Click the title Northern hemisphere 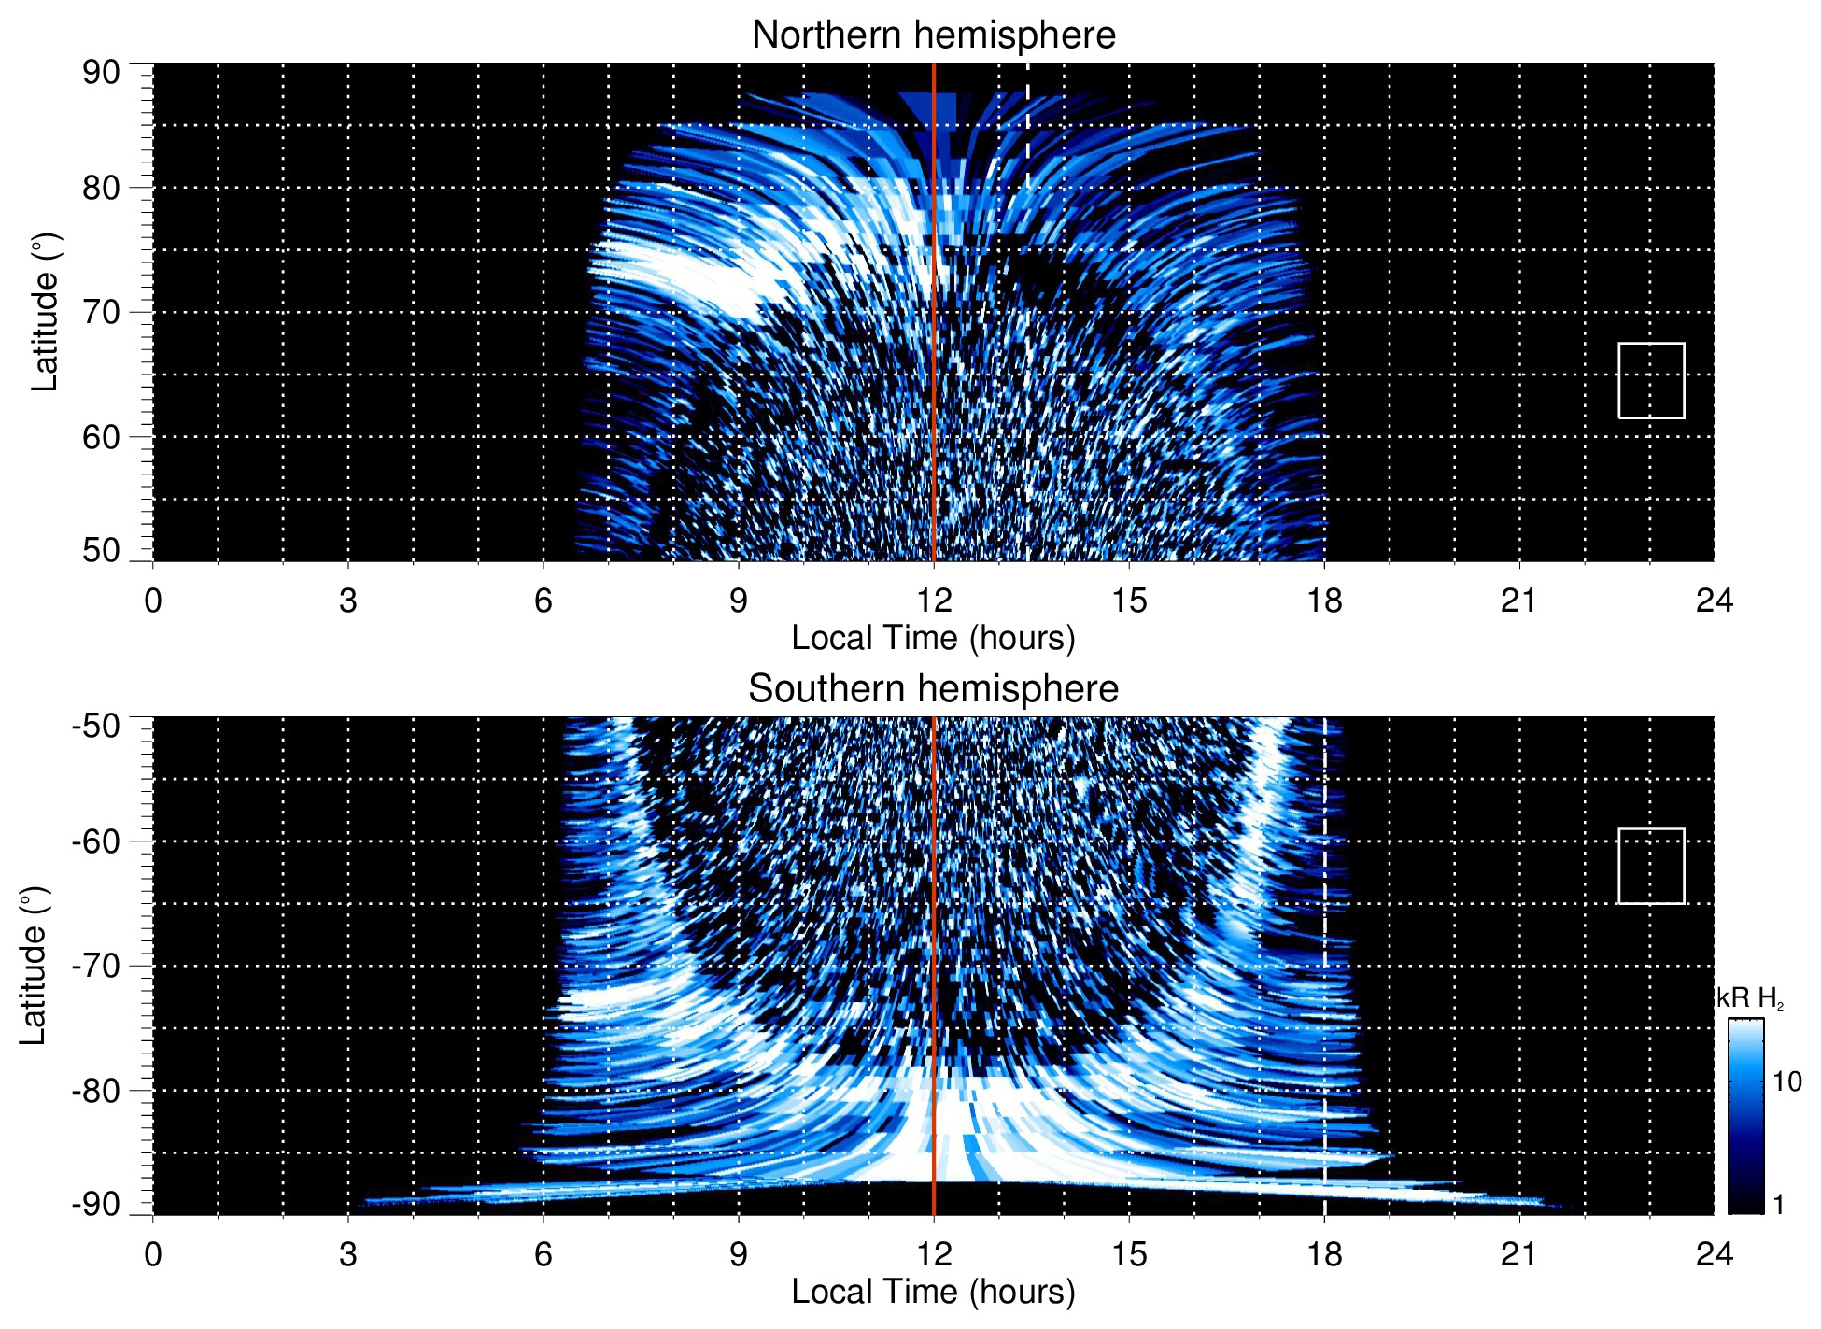coord(933,35)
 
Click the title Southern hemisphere coord(933,689)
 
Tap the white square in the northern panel coord(1651,380)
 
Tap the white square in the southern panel coord(1651,866)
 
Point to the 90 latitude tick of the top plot coord(101,72)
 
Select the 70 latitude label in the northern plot coord(101,312)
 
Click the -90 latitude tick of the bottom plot coord(96,1205)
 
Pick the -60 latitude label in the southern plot coord(96,841)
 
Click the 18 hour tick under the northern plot coord(1324,601)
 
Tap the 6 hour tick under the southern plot coord(543,1253)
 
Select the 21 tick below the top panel coord(1519,601)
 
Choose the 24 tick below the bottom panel coord(1714,1253)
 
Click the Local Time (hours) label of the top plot coord(933,638)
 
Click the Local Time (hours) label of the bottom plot coord(933,1292)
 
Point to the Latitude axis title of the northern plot coord(45,312)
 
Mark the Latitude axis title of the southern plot coord(33,966)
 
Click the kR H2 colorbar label coord(1750,998)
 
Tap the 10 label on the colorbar coord(1786,1082)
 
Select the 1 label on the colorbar coord(1778,1205)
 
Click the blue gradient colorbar coord(1745,1116)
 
